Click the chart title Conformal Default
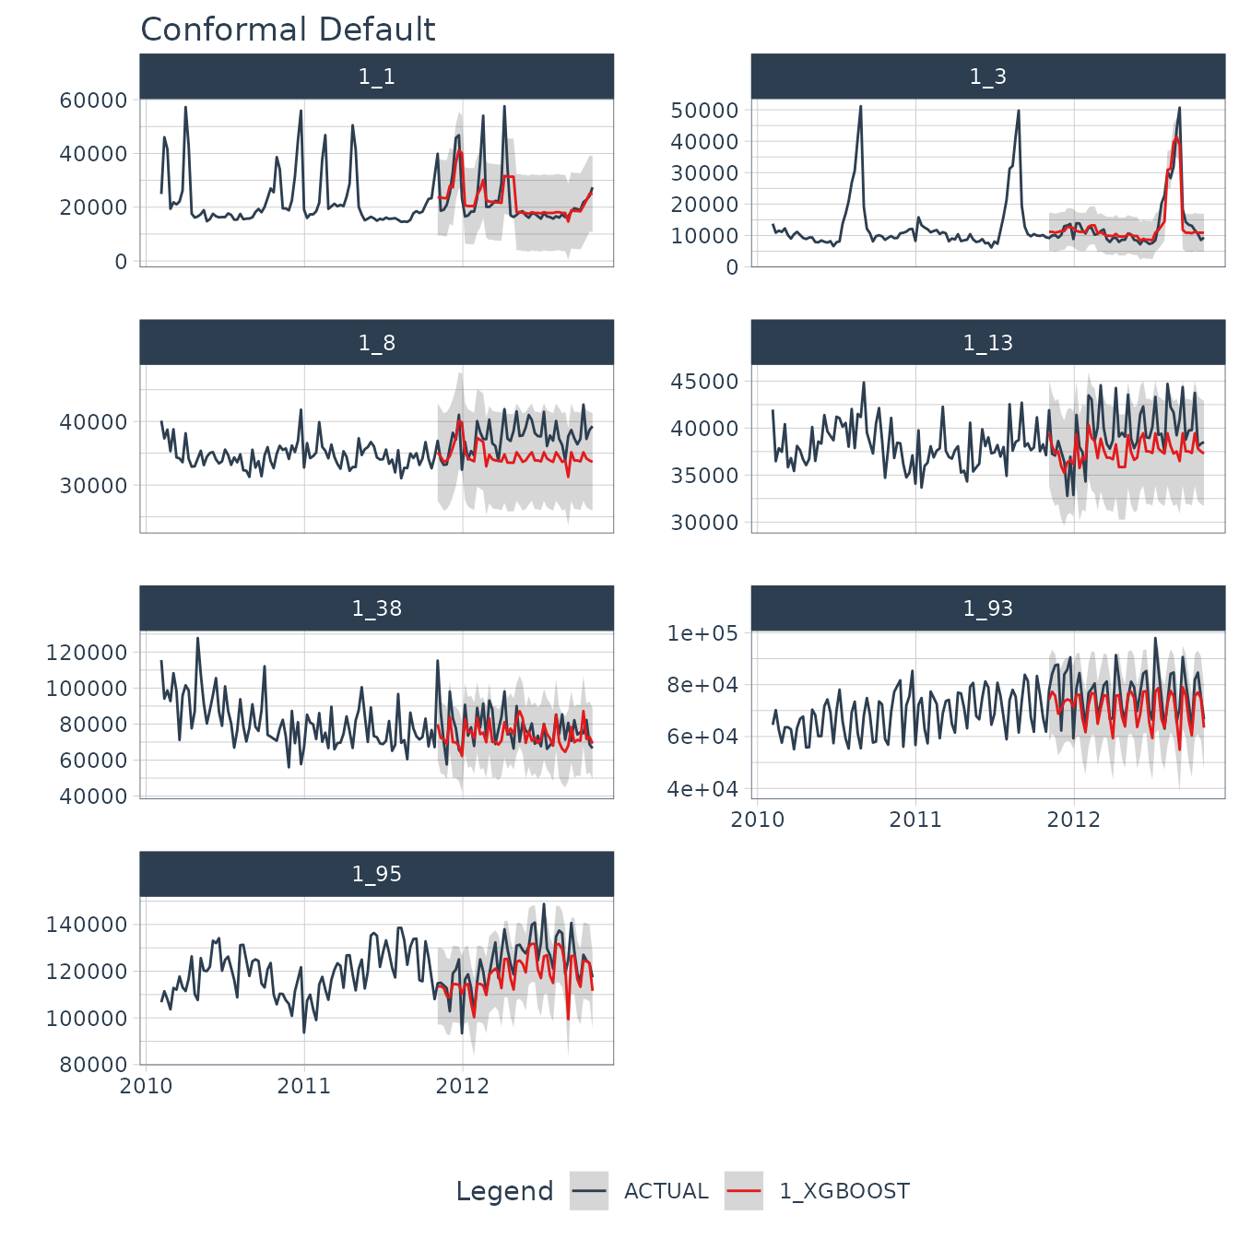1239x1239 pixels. [x=288, y=29]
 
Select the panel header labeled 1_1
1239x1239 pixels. [x=376, y=77]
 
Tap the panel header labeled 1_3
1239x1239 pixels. [x=987, y=77]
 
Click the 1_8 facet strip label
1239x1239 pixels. [x=376, y=343]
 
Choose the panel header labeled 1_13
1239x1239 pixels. [x=987, y=343]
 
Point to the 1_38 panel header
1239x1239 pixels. [x=376, y=608]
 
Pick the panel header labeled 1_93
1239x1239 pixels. [x=987, y=608]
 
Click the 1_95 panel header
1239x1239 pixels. [x=376, y=874]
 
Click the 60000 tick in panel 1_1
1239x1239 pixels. [x=93, y=100]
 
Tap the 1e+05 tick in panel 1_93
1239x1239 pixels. [x=702, y=633]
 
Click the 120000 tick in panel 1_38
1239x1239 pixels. [x=87, y=653]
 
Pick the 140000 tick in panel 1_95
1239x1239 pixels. [x=87, y=925]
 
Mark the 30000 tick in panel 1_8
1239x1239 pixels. [x=93, y=486]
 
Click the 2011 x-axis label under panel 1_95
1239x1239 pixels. [x=304, y=1086]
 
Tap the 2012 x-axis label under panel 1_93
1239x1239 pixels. [x=1073, y=820]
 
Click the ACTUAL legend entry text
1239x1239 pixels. [x=666, y=1191]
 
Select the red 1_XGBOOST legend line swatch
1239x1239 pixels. [x=744, y=1191]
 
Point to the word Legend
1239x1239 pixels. [x=504, y=1191]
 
